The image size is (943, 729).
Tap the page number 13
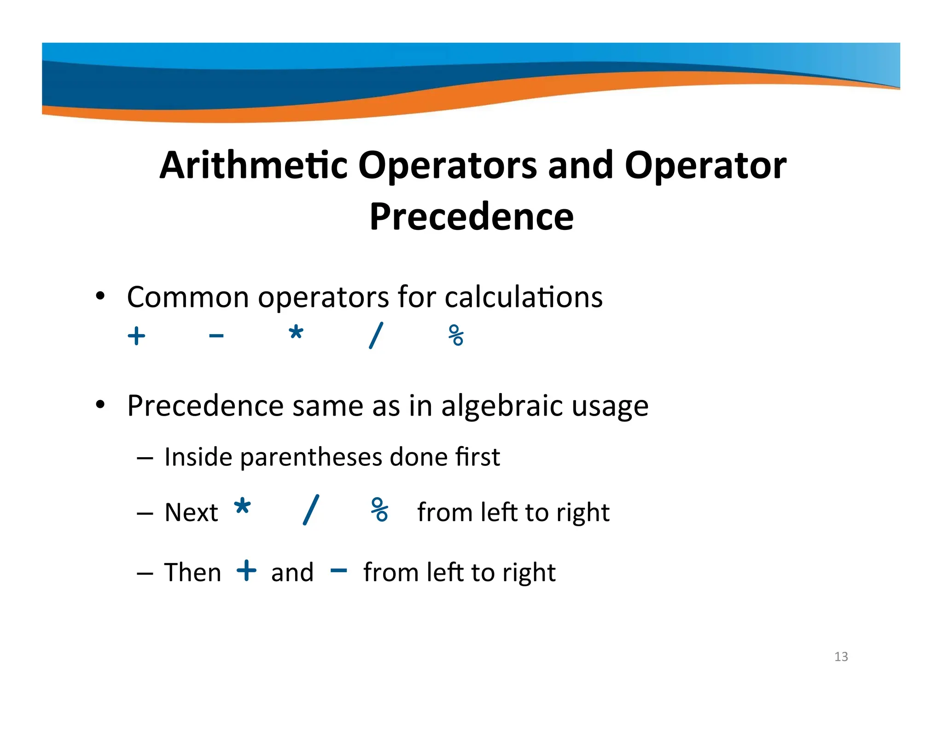pos(841,656)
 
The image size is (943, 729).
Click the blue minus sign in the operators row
pos(216,336)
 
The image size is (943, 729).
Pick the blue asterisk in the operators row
pos(296,332)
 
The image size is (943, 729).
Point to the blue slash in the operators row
pos(376,335)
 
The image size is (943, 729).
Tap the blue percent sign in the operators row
pos(456,335)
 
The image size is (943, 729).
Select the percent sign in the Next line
pos(379,509)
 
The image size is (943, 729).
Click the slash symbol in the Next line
pos(311,509)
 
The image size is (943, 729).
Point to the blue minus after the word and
pos(338,570)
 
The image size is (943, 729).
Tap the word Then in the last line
pos(192,572)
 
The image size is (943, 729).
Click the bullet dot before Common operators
pos(100,296)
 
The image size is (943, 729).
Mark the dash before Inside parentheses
pos(145,459)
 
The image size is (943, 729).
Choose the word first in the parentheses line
pos(477,457)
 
